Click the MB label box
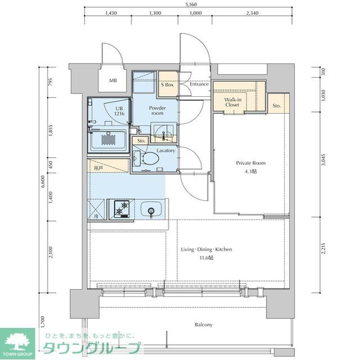tap(113, 81)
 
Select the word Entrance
tap(199, 84)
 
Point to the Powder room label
tap(156, 110)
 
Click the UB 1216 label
tap(119, 111)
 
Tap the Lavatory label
tap(166, 150)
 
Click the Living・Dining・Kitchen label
tap(206, 253)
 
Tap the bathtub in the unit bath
tap(110, 138)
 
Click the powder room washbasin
tap(164, 133)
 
